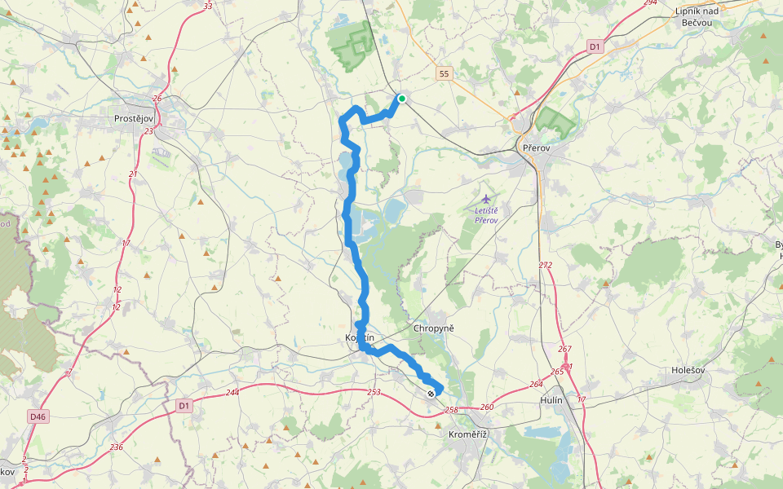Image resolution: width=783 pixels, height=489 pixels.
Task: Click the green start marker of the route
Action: pyautogui.click(x=401, y=99)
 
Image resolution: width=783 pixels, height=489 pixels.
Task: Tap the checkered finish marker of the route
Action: pyautogui.click(x=431, y=394)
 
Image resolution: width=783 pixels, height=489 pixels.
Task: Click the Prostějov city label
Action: pyautogui.click(x=135, y=119)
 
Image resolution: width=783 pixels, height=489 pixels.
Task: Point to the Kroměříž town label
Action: pyautogui.click(x=468, y=434)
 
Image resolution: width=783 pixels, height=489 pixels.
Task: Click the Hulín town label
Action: pyautogui.click(x=551, y=401)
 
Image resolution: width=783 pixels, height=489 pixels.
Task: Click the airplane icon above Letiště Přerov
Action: pyautogui.click(x=487, y=198)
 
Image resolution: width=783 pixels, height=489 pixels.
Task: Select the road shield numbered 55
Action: pyautogui.click(x=443, y=73)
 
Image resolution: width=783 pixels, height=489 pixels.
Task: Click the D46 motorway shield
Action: pyautogui.click(x=38, y=416)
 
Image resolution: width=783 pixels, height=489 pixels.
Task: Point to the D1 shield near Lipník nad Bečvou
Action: pyautogui.click(x=595, y=47)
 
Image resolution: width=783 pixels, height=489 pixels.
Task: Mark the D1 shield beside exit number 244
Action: pyautogui.click(x=184, y=405)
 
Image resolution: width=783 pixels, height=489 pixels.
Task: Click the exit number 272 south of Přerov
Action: pyautogui.click(x=546, y=266)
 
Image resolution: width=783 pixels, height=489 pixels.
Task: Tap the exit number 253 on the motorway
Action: pyautogui.click(x=374, y=393)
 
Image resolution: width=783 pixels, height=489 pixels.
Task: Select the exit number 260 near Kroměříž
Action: pyautogui.click(x=487, y=407)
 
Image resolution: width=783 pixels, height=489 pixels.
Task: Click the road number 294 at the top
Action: pyautogui.click(x=649, y=3)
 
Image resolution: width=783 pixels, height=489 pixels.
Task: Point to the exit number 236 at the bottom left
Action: pyautogui.click(x=117, y=447)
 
